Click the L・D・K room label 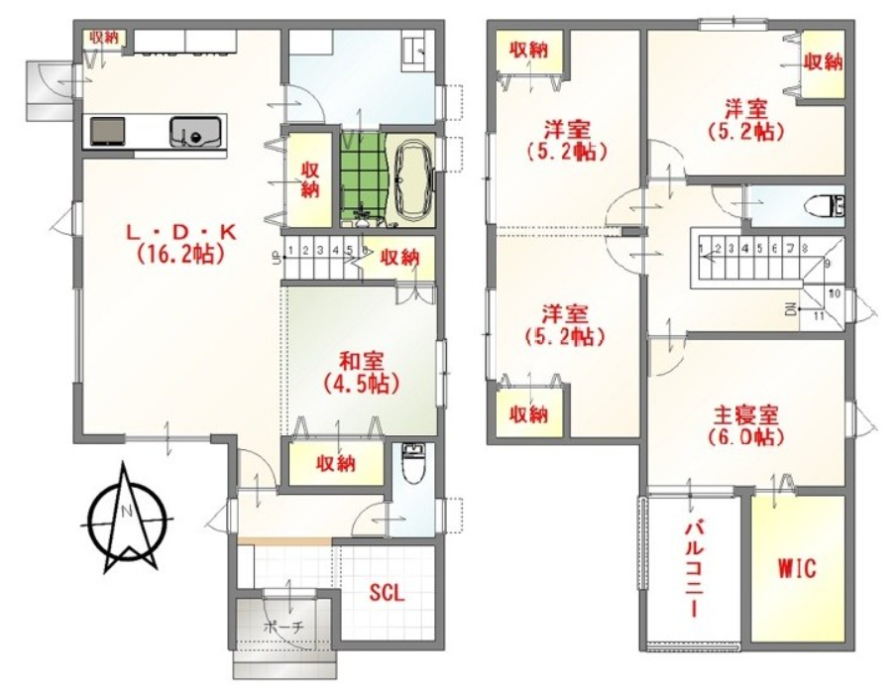(180, 233)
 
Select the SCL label (387, 593)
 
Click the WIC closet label (797, 568)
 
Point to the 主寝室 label (746, 413)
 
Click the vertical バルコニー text (694, 568)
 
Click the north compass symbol (129, 519)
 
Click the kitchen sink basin (195, 131)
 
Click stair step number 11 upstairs (819, 315)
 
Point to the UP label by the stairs (279, 259)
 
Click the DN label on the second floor (791, 310)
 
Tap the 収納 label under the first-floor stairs (400, 257)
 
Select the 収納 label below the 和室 (336, 463)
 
